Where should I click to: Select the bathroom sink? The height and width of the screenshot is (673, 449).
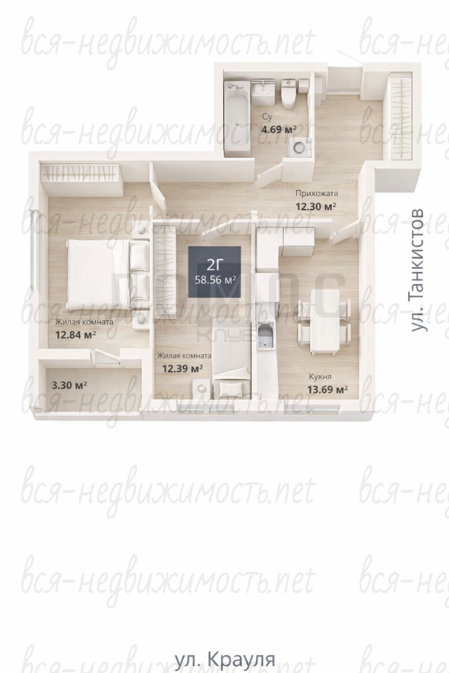[262, 93]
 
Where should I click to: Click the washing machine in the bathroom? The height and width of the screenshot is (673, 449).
[300, 147]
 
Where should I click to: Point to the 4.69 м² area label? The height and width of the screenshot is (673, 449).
[279, 129]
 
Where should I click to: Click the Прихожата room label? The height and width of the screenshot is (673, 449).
[316, 193]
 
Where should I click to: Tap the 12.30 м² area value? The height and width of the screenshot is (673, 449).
[316, 206]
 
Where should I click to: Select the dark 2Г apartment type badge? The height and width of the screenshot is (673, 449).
[215, 271]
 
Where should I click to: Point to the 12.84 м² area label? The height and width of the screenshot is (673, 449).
[75, 334]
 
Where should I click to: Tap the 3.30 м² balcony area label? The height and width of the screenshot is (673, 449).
[69, 385]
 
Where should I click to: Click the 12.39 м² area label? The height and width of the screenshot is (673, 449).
[182, 368]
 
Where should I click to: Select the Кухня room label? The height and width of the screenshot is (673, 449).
[320, 377]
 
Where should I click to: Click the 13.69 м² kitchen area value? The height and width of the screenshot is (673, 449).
[328, 390]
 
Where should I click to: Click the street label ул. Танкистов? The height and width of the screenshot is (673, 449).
[417, 270]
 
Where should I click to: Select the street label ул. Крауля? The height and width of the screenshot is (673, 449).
[224, 659]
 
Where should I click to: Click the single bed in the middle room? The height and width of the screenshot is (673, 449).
[231, 358]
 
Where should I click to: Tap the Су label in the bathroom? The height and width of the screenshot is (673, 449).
[267, 117]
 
